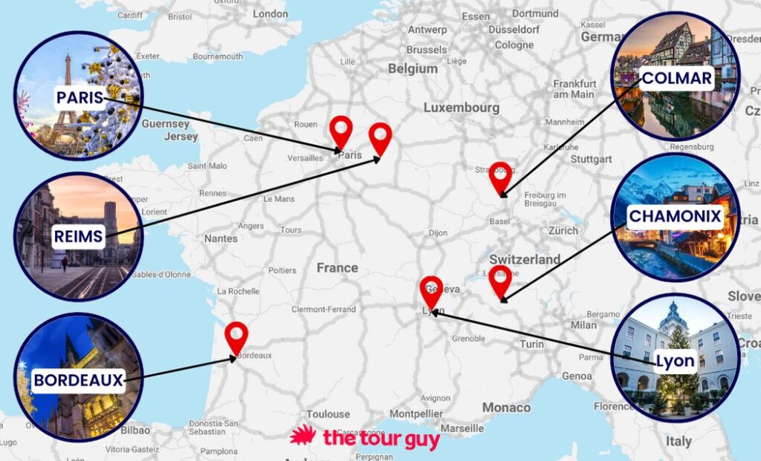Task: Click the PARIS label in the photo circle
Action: tap(80, 97)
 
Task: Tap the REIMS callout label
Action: tap(78, 238)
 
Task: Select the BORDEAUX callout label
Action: tap(78, 381)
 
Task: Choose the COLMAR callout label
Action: tap(676, 78)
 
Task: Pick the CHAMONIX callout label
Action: tap(675, 217)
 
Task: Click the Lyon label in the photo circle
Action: tap(676, 362)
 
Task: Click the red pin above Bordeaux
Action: tap(236, 337)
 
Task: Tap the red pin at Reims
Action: tap(380, 137)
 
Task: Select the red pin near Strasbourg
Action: tap(501, 176)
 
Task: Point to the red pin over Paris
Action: tap(341, 130)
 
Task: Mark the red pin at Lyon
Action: tap(431, 290)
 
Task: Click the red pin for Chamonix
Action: tap(500, 279)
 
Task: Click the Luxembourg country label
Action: tap(462, 108)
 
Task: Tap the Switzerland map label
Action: tap(525, 259)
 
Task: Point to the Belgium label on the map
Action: tap(412, 68)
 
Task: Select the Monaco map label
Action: tap(506, 407)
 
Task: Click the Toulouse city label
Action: tap(328, 414)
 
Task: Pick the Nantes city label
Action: tap(221, 238)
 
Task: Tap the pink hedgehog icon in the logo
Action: tap(302, 436)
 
